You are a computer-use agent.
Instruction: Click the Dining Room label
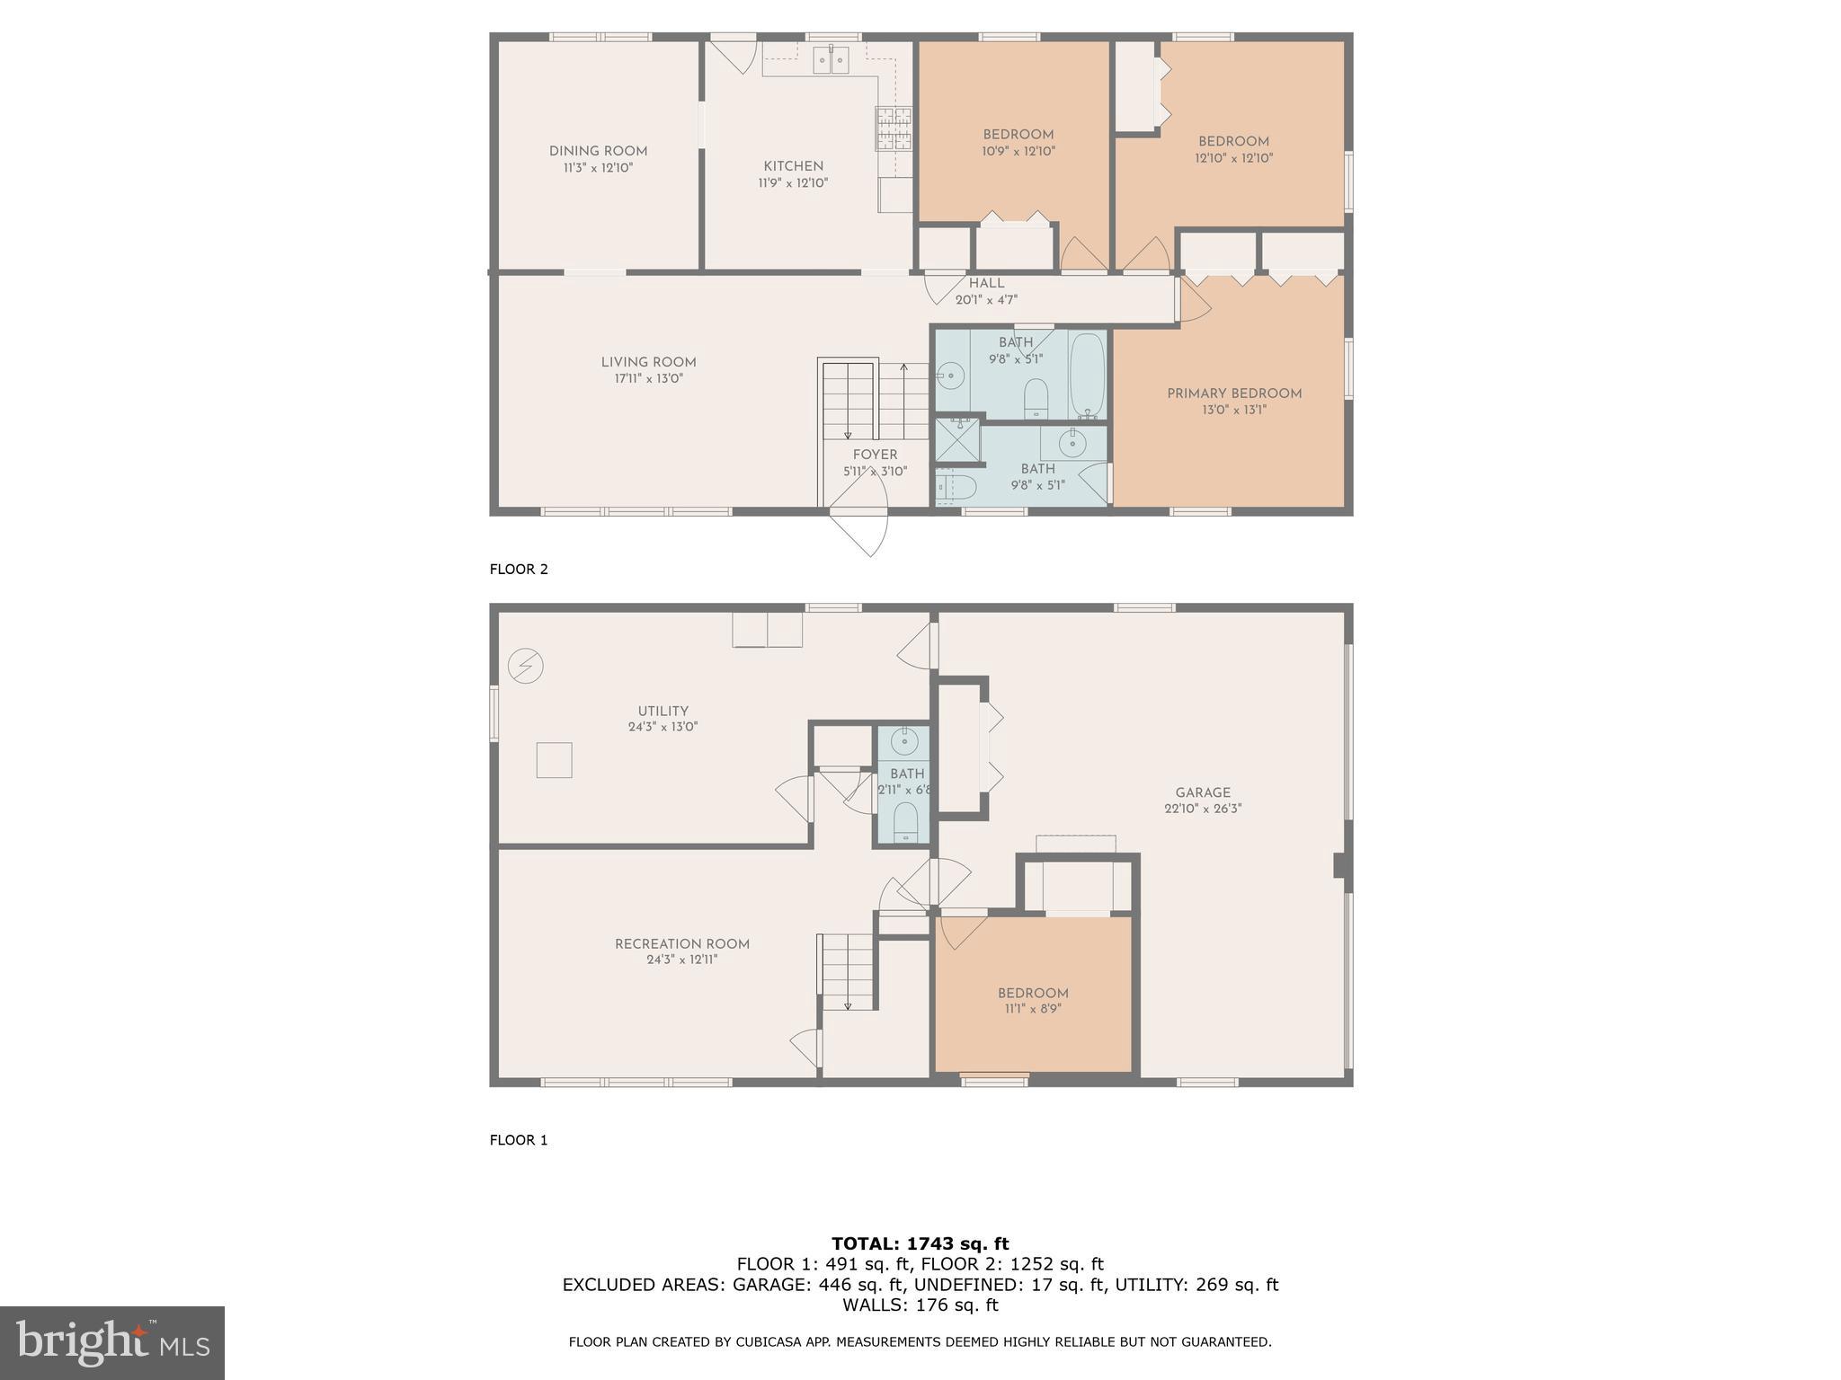pos(598,151)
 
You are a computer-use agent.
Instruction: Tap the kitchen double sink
pos(831,60)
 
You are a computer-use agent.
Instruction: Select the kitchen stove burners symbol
pos(894,128)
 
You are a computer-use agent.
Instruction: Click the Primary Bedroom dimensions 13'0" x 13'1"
pos(1233,410)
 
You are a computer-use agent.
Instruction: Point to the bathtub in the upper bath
pos(1087,375)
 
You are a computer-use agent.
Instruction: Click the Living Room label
pos(648,362)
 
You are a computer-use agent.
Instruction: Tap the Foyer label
pos(875,455)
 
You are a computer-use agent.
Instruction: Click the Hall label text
pos(986,283)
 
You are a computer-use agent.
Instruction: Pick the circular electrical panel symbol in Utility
pos(526,666)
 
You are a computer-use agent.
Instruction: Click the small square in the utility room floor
pos(554,759)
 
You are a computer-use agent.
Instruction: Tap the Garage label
pos(1202,792)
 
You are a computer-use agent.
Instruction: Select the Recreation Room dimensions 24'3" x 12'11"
pos(681,960)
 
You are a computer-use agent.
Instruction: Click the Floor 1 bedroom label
pos(1033,993)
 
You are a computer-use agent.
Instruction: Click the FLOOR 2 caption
pos(518,569)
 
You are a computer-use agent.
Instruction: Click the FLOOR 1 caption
pos(518,1140)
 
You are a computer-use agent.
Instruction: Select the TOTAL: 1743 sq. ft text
pos(920,1243)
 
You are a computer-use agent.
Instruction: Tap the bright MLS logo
pos(112,1342)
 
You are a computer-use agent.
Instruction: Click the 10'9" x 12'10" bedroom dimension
pos(1018,151)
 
